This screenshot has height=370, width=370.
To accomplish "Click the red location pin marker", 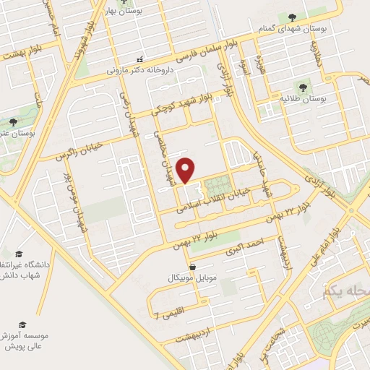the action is point(186,169).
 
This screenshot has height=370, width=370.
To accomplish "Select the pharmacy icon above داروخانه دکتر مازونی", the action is point(140,59).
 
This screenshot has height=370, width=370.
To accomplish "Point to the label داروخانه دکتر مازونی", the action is point(141,71).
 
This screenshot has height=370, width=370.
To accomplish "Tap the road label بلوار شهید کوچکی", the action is point(181,106).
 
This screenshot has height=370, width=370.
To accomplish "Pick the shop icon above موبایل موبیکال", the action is point(192,267).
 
